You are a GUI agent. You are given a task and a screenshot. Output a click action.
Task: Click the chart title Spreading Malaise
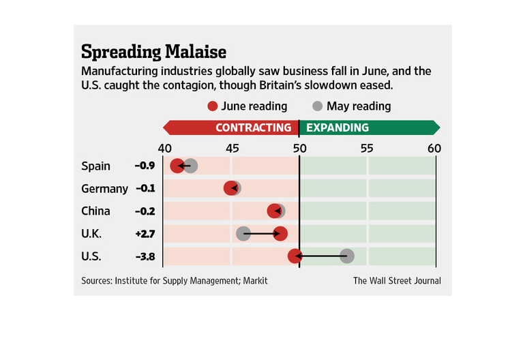tap(153, 51)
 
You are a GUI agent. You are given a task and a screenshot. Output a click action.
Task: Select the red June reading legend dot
tap(212, 106)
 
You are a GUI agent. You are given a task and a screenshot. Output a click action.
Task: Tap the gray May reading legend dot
tap(317, 106)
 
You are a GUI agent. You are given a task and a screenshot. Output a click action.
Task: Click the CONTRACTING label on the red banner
tap(254, 127)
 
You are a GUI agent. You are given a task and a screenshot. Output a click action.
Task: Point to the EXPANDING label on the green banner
tap(337, 127)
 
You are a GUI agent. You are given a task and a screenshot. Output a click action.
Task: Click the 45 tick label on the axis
tap(232, 149)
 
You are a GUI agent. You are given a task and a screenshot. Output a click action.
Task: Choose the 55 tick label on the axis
tap(367, 149)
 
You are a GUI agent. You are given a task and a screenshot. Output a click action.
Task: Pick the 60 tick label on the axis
tap(434, 149)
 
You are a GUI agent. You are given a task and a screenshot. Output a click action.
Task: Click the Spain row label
tap(95, 166)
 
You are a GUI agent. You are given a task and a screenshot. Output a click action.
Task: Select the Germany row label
tap(104, 189)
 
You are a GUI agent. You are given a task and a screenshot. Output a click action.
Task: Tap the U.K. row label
tap(91, 234)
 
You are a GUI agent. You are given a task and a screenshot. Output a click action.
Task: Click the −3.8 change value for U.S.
tap(145, 256)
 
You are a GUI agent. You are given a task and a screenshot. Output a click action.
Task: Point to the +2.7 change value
tap(145, 234)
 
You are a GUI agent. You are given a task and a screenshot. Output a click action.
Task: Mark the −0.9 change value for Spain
tap(145, 166)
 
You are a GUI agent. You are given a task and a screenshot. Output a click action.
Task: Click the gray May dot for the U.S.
tap(347, 256)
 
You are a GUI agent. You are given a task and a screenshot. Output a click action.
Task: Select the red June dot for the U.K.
tap(280, 234)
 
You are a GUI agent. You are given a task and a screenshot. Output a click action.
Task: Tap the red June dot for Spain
tap(177, 166)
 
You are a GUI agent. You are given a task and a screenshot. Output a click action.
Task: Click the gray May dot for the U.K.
tap(243, 234)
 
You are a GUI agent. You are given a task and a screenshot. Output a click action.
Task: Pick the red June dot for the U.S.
tap(295, 256)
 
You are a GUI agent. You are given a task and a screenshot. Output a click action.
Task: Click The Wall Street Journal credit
tap(397, 280)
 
